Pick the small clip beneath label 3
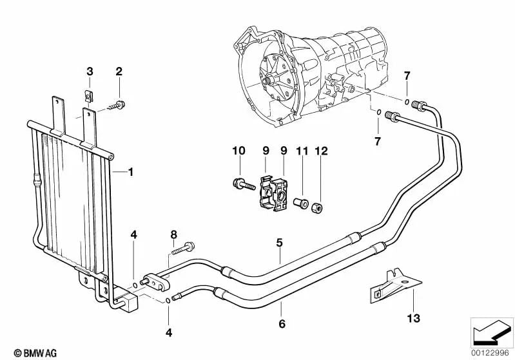click(90, 96)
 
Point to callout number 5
click(279, 243)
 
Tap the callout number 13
click(413, 316)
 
